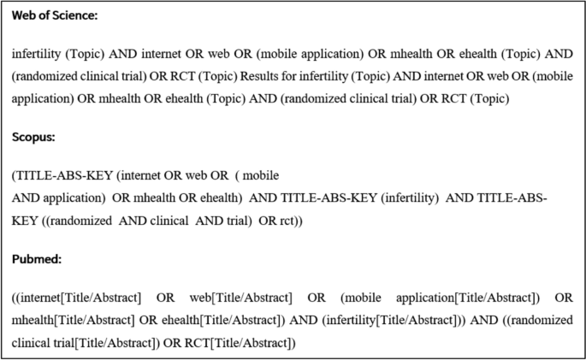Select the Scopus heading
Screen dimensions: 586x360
tap(34, 136)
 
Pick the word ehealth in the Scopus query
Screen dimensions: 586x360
tap(222, 198)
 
